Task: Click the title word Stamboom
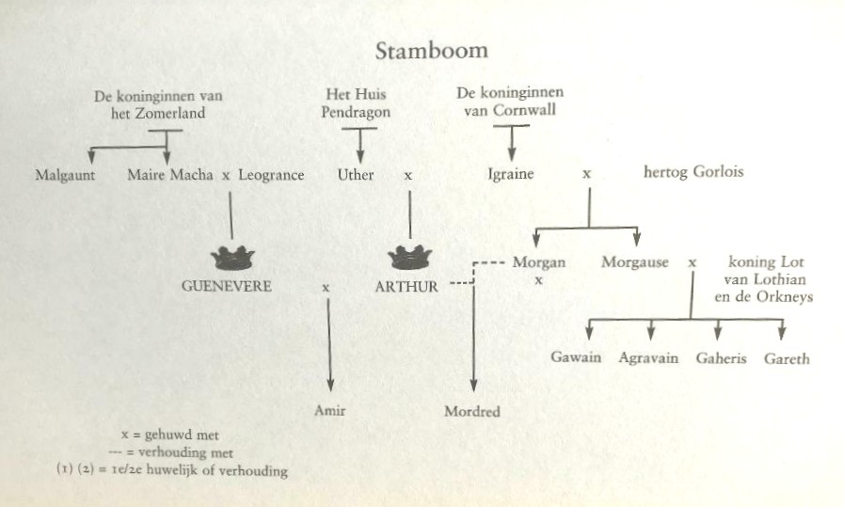pos(432,51)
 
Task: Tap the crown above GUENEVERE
pos(232,258)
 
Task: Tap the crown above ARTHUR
pos(410,257)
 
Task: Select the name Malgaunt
pos(65,176)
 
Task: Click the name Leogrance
pos(271,176)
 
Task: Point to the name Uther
pos(356,175)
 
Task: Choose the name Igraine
pos(510,174)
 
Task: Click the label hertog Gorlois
pos(693,172)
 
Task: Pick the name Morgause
pos(634,262)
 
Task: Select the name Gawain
pos(576,357)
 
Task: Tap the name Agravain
pos(648,358)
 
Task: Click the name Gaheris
pos(722,358)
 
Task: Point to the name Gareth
pos(787,359)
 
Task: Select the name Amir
pos(330,411)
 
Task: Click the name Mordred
pos(472,412)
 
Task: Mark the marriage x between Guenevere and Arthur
pos(326,288)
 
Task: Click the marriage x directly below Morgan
pos(538,280)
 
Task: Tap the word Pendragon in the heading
pos(356,113)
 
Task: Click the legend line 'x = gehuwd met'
pos(170,435)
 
